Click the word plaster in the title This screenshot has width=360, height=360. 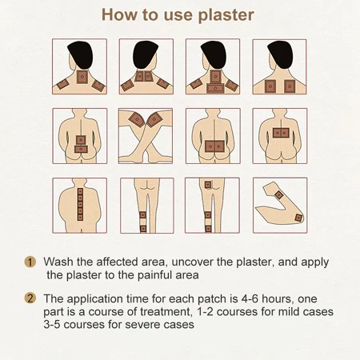(226, 15)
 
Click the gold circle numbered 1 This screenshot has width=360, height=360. (30, 262)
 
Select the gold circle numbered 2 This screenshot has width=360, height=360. (30, 298)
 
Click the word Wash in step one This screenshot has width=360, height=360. (58, 262)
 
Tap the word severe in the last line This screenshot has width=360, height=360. (142, 325)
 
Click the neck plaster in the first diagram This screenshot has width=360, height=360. (82, 77)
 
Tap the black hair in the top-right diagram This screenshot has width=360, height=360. (280, 54)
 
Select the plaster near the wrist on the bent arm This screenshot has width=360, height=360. (278, 195)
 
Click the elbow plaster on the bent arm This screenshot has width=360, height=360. (298, 218)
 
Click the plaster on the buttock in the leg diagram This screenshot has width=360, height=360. (208, 185)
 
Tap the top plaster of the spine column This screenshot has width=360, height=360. (80, 191)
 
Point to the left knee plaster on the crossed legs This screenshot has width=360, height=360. (137, 119)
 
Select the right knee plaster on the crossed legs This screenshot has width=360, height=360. (154, 119)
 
